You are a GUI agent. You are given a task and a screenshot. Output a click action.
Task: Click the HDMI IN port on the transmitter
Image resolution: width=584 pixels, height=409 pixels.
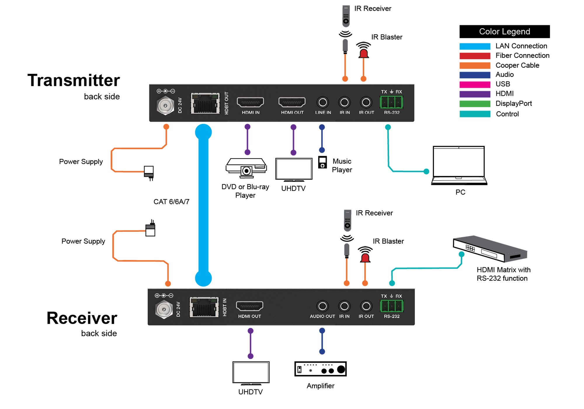[250, 102]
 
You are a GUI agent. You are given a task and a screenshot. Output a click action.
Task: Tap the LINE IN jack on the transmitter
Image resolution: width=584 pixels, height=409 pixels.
[323, 103]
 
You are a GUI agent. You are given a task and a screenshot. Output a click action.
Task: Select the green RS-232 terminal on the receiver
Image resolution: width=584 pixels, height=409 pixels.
[392, 306]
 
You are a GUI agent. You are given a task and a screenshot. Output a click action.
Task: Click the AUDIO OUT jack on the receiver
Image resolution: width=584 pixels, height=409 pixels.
[322, 306]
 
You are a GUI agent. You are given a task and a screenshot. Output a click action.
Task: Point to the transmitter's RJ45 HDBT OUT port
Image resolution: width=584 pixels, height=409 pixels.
[205, 103]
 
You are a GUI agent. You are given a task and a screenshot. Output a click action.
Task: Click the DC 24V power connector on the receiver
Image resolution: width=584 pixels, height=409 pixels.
[164, 309]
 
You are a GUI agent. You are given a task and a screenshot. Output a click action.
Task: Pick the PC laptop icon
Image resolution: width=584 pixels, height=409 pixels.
[459, 166]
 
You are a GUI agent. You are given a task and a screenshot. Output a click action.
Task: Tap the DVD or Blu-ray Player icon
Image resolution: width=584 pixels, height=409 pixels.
[246, 168]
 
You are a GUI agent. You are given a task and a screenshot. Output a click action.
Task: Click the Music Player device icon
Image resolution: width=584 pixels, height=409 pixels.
[322, 162]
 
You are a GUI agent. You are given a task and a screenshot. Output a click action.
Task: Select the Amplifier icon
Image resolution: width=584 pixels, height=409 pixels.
[320, 369]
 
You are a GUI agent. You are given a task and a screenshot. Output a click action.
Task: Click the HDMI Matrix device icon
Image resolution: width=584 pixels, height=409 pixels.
[490, 249]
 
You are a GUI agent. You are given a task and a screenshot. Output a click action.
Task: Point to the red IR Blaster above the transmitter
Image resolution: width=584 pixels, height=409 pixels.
[364, 50]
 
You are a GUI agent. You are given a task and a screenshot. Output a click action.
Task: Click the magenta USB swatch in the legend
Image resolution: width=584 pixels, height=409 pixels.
[475, 85]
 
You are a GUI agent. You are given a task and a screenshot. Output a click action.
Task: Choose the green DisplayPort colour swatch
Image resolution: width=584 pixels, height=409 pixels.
[475, 104]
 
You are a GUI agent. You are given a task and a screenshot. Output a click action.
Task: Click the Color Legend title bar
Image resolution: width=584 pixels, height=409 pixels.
[505, 32]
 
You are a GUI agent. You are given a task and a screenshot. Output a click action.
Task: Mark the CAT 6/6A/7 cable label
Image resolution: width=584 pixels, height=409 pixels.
[171, 202]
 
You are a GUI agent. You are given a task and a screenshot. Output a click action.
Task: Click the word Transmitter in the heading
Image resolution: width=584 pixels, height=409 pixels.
[74, 80]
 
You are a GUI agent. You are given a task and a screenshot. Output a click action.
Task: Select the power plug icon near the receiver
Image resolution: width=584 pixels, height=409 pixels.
[150, 228]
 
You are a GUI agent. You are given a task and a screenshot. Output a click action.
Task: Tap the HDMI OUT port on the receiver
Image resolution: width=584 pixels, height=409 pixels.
[250, 306]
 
